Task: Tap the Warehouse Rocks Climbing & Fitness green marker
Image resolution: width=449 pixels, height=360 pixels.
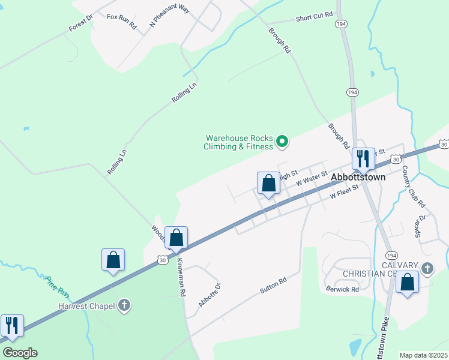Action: pos(282,142)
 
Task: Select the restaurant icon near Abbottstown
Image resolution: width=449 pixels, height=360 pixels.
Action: pos(363,159)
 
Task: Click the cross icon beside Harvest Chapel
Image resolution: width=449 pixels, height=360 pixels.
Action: pos(124,305)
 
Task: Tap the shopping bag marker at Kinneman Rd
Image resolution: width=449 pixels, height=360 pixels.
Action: pos(176,238)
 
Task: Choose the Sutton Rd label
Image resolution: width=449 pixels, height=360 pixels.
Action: pos(273,285)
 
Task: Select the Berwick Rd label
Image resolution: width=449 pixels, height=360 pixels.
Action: pos(342,289)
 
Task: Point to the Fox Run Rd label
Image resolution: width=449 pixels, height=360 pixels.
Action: pos(122,21)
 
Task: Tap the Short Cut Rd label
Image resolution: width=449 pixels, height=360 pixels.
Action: pos(314,19)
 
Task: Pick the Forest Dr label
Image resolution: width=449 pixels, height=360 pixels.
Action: pos(80,23)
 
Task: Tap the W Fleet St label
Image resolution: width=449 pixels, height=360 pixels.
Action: pos(343,191)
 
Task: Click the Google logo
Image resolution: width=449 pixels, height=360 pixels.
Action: pos(20,353)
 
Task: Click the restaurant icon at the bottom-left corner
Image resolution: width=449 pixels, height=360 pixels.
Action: pos(11,325)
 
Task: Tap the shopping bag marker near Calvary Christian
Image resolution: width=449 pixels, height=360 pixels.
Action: pos(408,283)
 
